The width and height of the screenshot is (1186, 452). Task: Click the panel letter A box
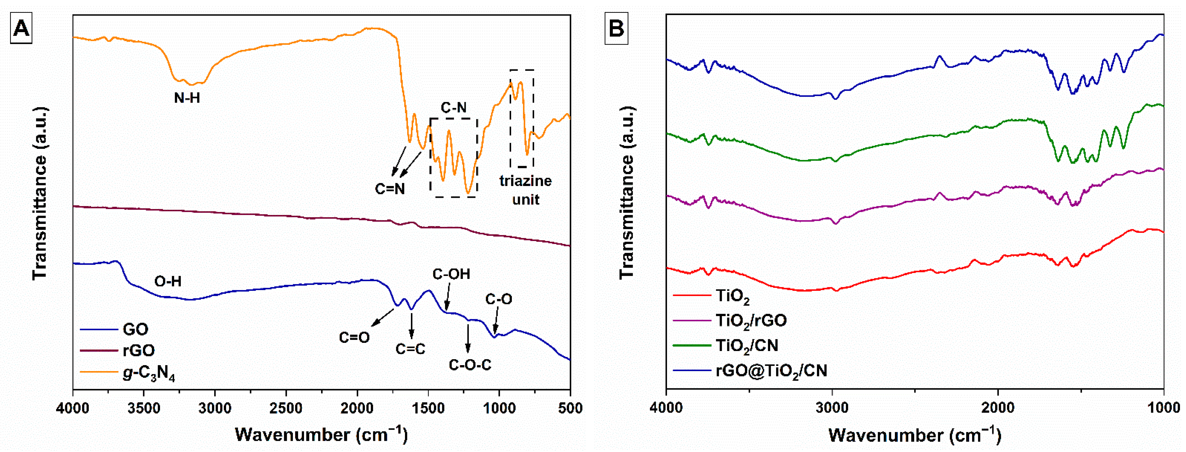[21, 29]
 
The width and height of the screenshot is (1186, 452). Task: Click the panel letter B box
[616, 29]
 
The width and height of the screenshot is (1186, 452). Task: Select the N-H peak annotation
[187, 98]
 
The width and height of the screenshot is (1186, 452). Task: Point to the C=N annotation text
[389, 189]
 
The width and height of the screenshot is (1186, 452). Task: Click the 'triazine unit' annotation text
[525, 190]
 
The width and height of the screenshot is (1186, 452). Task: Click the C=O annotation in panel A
[354, 338]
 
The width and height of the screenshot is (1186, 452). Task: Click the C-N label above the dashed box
[453, 108]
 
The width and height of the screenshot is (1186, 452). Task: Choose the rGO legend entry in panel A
[138, 351]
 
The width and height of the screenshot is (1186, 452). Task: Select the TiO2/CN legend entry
[747, 346]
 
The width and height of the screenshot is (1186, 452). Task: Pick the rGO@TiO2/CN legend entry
[771, 371]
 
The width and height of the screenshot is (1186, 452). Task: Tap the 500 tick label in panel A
[570, 408]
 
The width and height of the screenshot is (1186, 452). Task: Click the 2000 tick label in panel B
[998, 408]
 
